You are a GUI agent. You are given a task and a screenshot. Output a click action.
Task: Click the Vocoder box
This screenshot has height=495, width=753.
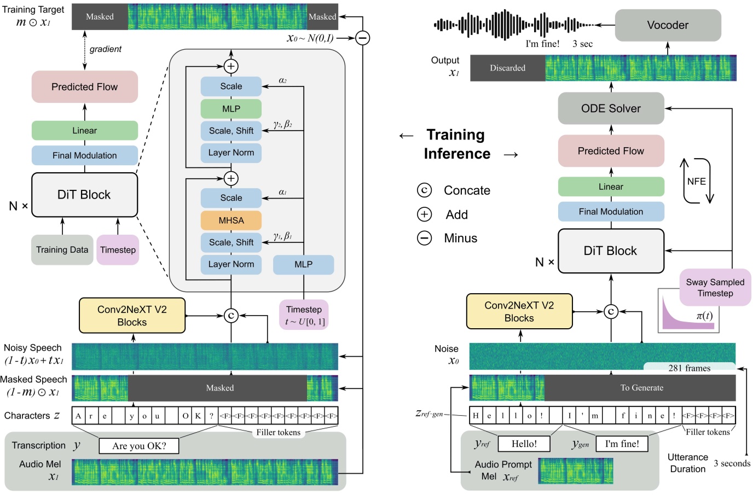(668, 25)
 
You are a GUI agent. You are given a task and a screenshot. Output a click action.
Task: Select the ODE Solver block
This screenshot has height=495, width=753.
(611, 108)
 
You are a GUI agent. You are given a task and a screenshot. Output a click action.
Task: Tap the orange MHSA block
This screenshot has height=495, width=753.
(231, 220)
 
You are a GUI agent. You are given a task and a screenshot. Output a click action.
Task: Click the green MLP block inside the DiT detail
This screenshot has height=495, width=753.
(231, 109)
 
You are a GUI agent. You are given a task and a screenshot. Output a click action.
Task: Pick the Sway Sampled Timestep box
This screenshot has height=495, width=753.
(715, 287)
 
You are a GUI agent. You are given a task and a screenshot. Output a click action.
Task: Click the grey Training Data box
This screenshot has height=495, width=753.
(62, 250)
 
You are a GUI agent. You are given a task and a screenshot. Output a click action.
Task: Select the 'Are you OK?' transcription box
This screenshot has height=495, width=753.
(139, 446)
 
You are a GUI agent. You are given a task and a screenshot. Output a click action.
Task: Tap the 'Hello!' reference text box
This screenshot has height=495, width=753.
(524, 444)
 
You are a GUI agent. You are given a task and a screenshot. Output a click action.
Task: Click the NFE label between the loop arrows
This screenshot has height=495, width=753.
(696, 182)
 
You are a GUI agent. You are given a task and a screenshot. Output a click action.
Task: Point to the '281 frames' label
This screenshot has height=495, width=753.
(689, 368)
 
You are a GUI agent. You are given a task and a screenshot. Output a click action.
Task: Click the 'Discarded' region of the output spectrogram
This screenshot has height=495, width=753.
(507, 68)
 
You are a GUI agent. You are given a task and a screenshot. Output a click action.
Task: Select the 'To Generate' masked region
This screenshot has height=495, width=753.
(641, 388)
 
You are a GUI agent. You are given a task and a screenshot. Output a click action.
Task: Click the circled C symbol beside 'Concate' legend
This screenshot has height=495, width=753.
(425, 190)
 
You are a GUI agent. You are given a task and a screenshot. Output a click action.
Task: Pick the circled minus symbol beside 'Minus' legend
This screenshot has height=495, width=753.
(425, 238)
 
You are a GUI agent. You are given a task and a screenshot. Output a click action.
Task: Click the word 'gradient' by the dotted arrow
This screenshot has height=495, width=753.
(105, 49)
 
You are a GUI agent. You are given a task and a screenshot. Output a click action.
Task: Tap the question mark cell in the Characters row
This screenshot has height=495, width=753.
(211, 416)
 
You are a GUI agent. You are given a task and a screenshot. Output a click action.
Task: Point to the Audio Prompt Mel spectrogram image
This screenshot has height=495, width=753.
(576, 471)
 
